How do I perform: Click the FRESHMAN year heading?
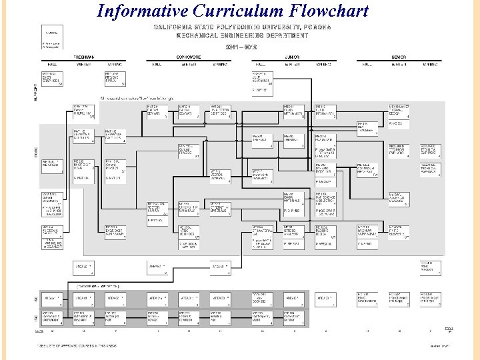(83, 57)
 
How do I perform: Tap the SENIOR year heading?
(399, 57)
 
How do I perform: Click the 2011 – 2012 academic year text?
(241, 47)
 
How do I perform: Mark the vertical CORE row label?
(35, 151)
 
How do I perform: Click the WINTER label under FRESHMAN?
(83, 65)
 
